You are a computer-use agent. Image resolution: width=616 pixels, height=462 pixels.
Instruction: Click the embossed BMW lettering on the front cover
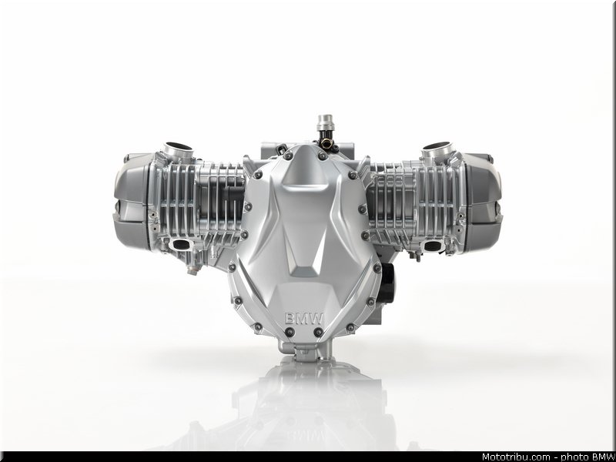coord(304,319)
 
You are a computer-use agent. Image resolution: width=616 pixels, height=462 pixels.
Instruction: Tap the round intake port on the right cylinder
coord(437,149)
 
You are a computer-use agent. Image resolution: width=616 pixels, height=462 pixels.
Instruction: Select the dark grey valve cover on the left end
coord(132,202)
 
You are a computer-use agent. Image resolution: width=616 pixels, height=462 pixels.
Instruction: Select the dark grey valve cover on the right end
coord(483,202)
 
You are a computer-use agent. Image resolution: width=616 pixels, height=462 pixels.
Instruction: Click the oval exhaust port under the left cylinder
coord(181,245)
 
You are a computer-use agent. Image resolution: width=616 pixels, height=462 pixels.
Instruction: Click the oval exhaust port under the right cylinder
coord(433,246)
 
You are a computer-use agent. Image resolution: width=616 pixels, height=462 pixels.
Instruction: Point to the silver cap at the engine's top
coord(326,122)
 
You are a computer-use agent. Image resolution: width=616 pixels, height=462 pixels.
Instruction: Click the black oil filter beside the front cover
coord(387,283)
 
